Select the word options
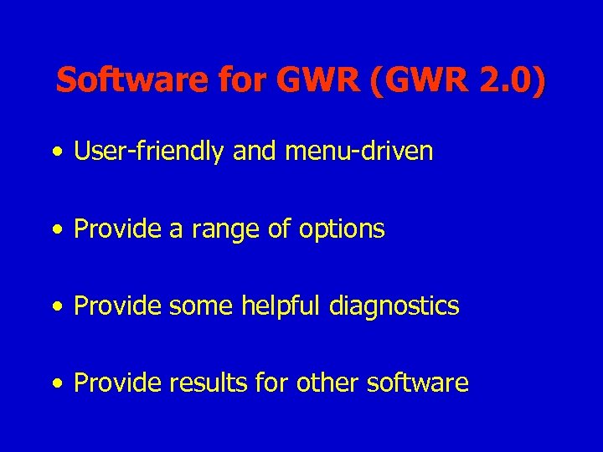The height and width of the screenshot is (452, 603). click(x=339, y=229)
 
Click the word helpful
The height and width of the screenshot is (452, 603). click(x=281, y=306)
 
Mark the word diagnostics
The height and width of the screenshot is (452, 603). click(x=394, y=306)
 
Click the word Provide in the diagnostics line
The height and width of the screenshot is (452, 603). click(x=118, y=306)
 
